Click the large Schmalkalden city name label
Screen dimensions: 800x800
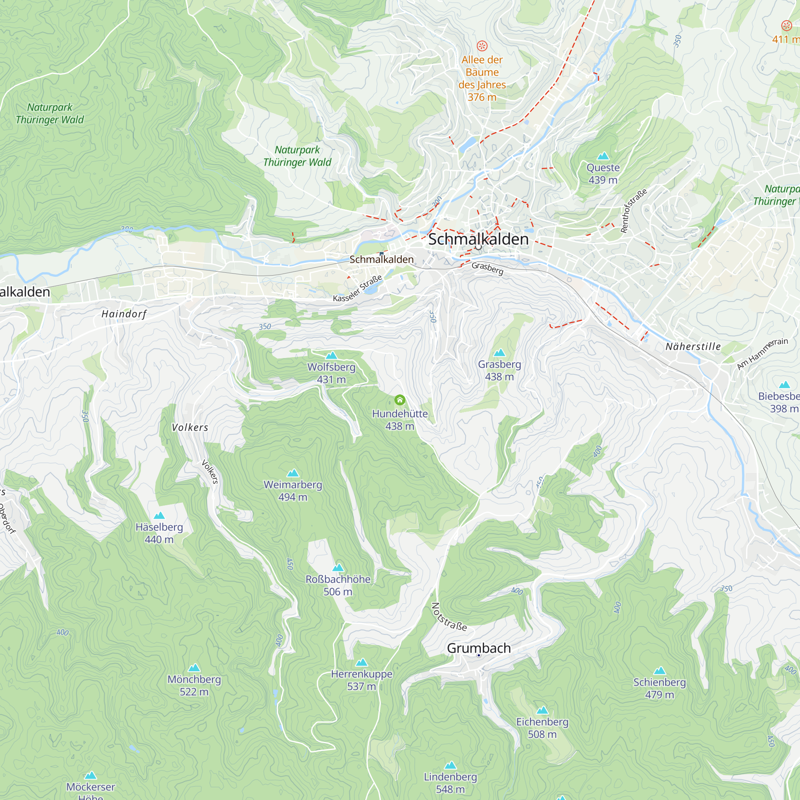(x=478, y=239)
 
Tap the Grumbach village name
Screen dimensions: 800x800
(x=479, y=648)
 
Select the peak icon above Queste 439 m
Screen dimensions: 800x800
(x=603, y=156)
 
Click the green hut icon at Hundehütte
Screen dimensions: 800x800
(x=400, y=400)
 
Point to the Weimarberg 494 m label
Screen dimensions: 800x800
(x=293, y=491)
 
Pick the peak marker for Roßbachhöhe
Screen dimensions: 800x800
(x=338, y=568)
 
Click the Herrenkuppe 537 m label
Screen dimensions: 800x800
(x=362, y=680)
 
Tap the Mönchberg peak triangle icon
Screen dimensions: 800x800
(x=194, y=668)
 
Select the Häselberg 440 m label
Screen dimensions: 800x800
(x=160, y=533)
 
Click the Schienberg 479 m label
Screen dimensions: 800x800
(x=660, y=688)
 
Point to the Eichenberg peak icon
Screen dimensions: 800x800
(x=542, y=710)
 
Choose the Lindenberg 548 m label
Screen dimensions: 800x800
(x=450, y=783)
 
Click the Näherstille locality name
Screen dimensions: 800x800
(x=693, y=346)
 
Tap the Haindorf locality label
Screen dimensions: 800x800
(x=124, y=314)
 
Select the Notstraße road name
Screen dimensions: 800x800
(x=449, y=617)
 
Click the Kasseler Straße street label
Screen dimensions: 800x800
(x=357, y=289)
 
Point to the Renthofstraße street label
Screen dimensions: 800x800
(x=633, y=211)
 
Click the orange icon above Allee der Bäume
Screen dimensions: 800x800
(x=482, y=46)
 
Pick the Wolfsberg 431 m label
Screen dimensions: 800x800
(x=331, y=373)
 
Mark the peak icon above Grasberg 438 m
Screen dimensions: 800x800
(x=499, y=353)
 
